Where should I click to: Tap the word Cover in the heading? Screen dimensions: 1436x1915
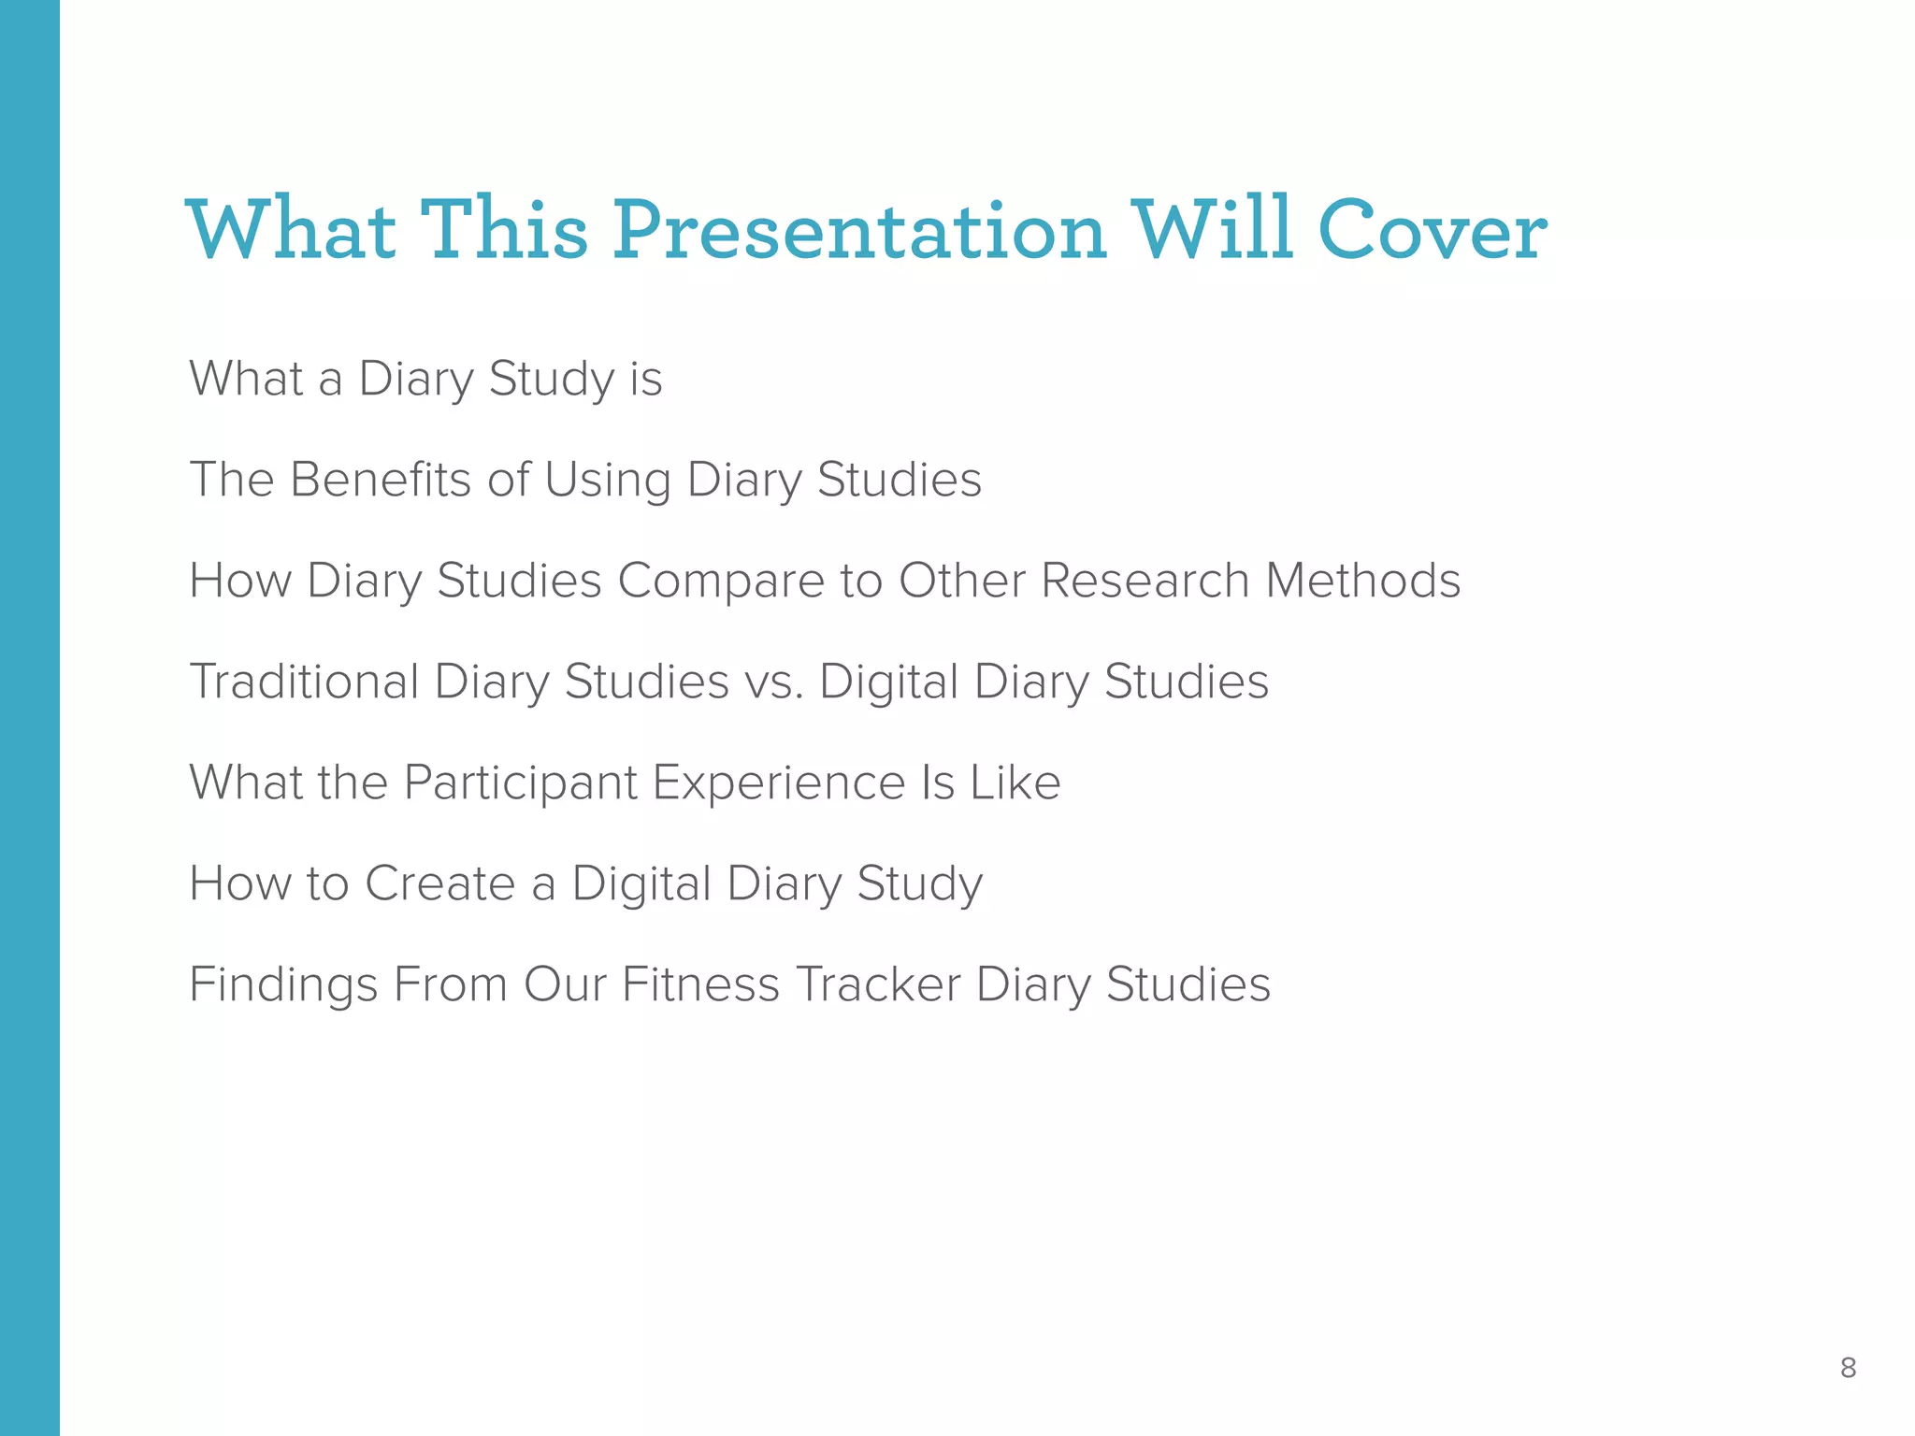(x=1433, y=231)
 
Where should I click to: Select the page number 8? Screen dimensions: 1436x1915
(x=1848, y=1368)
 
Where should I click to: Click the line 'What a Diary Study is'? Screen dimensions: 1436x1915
(x=425, y=379)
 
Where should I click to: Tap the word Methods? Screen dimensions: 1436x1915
(x=1362, y=581)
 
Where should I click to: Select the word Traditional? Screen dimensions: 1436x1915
(x=304, y=682)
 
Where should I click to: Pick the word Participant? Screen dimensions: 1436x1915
(x=520, y=783)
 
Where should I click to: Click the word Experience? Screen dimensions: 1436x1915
(x=779, y=783)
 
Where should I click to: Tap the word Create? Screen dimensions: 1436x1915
(x=439, y=883)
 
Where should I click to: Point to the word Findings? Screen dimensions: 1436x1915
(x=283, y=984)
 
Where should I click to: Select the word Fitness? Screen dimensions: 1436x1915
(x=700, y=984)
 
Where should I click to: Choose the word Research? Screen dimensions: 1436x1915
(x=1145, y=581)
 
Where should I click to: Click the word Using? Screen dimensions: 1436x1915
(x=607, y=480)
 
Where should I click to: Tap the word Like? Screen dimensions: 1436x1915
(x=1015, y=783)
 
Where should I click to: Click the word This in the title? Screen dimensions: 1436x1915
(x=504, y=231)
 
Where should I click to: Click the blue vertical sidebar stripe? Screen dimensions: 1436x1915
(x=30, y=718)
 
